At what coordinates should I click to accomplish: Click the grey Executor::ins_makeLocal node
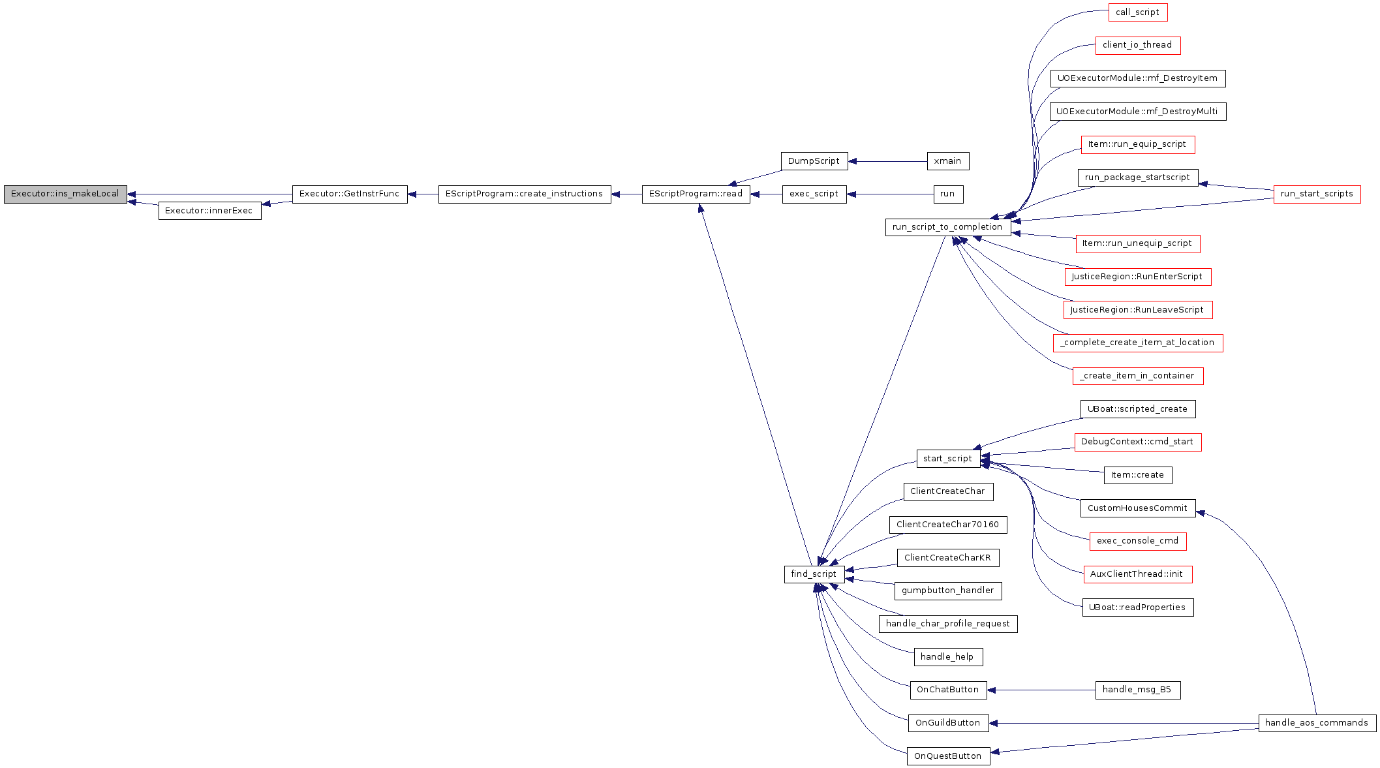tap(65, 194)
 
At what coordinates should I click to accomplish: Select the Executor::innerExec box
tap(209, 211)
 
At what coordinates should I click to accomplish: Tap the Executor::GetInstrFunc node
tap(350, 194)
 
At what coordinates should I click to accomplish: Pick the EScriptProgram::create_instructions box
tap(525, 194)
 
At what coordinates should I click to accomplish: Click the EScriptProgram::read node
tap(696, 194)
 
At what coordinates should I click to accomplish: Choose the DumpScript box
tap(814, 161)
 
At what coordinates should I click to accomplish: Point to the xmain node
tap(948, 161)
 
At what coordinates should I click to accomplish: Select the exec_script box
tap(814, 194)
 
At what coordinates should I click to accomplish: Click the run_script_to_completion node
tap(948, 227)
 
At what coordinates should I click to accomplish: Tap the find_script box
tap(814, 574)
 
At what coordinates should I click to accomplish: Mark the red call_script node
tap(1137, 12)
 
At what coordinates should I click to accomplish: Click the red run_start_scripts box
tap(1317, 194)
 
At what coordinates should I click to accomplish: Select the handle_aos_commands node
tap(1317, 723)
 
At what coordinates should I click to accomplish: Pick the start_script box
tap(948, 459)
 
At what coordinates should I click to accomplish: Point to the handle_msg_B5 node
tap(1137, 690)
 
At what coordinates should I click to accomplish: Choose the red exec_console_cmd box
tap(1138, 541)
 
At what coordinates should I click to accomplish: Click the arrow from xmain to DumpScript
tap(887, 161)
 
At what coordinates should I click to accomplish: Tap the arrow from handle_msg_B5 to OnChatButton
tap(1041, 690)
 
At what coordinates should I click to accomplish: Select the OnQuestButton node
tap(948, 756)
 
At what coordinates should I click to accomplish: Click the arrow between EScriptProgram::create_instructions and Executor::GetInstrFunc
tap(423, 194)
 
